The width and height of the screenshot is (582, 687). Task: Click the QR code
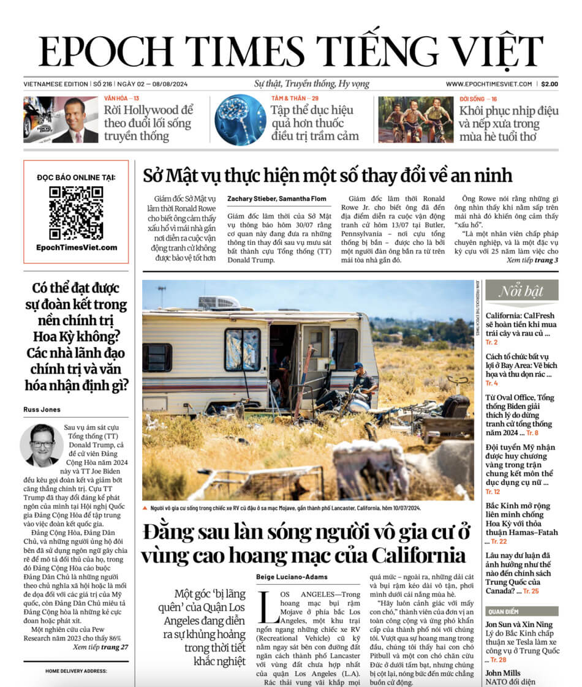coord(76,212)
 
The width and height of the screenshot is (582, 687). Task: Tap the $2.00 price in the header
coord(549,84)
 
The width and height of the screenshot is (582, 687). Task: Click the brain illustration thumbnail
coord(240,119)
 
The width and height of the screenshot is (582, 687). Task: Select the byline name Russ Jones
coord(47,410)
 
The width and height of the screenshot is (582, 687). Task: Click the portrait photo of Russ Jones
coord(41,445)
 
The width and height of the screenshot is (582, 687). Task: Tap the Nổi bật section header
coord(521,291)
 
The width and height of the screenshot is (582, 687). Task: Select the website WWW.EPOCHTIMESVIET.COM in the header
coord(488,84)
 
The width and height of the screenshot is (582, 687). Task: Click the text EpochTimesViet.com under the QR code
coord(76,247)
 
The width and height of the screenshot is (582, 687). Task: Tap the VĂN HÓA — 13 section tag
coord(121,99)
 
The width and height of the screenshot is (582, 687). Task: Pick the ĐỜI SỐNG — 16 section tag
coord(478,99)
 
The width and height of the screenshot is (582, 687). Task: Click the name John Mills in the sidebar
coord(504,672)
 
